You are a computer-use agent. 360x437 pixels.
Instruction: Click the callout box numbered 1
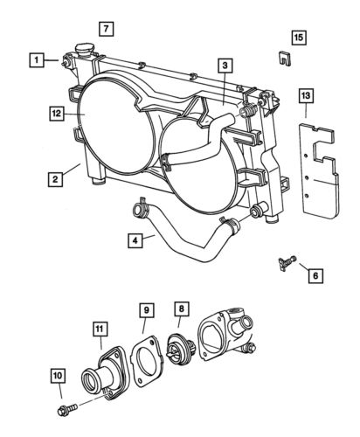pyautogui.click(x=36, y=60)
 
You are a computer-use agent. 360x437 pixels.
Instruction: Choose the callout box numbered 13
pyautogui.click(x=305, y=95)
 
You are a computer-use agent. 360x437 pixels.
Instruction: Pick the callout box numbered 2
pyautogui.click(x=54, y=180)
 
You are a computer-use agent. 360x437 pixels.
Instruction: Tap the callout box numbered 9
pyautogui.click(x=147, y=309)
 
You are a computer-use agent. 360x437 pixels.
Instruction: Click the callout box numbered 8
pyautogui.click(x=181, y=309)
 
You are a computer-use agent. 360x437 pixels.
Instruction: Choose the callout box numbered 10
pyautogui.click(x=57, y=377)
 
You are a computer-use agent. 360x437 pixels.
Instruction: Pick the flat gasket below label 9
pyautogui.click(x=143, y=363)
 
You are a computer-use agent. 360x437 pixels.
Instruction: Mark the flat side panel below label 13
pyautogui.click(x=318, y=179)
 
